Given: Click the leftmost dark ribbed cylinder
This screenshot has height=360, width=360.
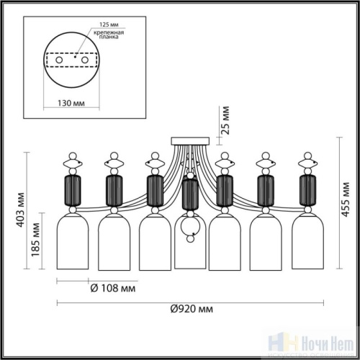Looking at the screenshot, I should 73,189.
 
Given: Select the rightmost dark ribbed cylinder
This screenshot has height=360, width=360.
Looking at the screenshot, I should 307,189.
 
